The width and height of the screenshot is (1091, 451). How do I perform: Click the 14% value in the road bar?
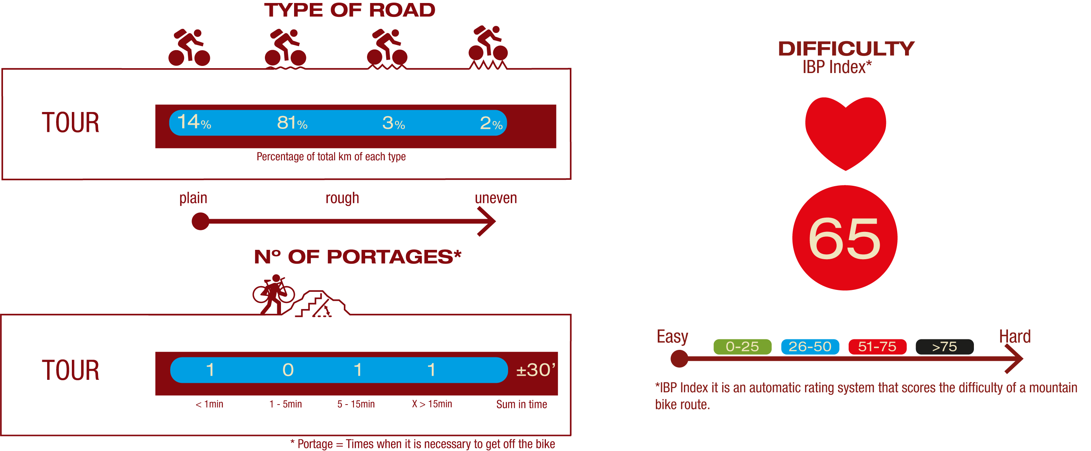pyautogui.click(x=194, y=122)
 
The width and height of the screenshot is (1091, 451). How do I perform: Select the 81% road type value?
pyautogui.click(x=292, y=123)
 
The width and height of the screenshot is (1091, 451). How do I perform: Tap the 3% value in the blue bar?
pyautogui.click(x=394, y=123)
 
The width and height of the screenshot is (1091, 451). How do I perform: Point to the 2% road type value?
pyautogui.click(x=491, y=123)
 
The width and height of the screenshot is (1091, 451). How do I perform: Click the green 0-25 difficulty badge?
pyautogui.click(x=742, y=347)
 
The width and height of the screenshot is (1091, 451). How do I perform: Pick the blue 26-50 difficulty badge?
pyautogui.click(x=810, y=347)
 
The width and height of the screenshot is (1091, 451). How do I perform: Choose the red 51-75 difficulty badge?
pyautogui.click(x=877, y=347)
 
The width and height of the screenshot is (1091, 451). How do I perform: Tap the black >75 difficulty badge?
pyautogui.click(x=944, y=347)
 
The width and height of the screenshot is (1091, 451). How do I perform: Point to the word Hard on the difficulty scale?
pyautogui.click(x=1015, y=336)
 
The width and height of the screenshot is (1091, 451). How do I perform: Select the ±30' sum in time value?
pyautogui.click(x=535, y=370)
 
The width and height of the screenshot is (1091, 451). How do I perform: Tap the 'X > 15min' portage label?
pyautogui.click(x=432, y=404)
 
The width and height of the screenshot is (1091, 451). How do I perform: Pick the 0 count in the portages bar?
pyautogui.click(x=288, y=370)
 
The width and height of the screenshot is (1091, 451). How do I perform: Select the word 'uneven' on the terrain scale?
pyautogui.click(x=495, y=198)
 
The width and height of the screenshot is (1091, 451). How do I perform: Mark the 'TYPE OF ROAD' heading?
pyautogui.click(x=350, y=10)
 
